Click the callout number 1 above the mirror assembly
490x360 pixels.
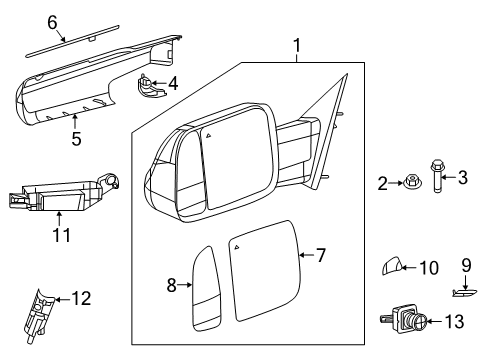[x=296, y=45]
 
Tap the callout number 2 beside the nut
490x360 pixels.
[x=381, y=183]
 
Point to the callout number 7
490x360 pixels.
[x=320, y=256]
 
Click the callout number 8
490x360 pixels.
[x=172, y=285]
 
